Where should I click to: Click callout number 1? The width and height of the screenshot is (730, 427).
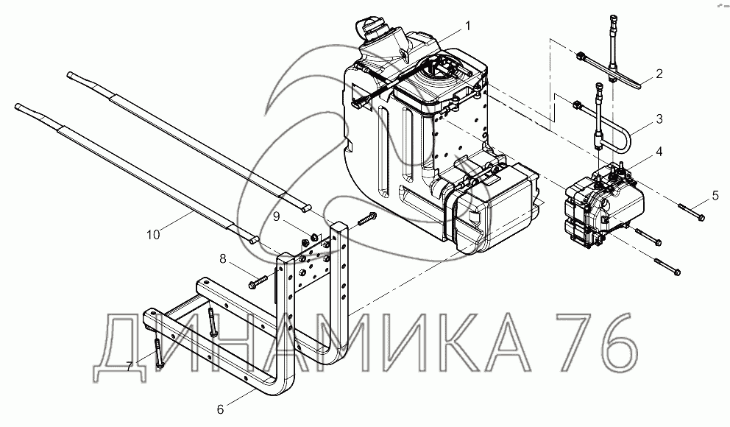pos(467,26)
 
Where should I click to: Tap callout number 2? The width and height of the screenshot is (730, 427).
pos(659,74)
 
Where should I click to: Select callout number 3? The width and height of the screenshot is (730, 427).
pos(659,119)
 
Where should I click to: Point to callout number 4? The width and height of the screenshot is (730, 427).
pos(659,152)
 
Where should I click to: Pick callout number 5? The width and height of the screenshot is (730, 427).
pos(715,196)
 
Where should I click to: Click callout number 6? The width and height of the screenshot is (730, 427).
pos(220,409)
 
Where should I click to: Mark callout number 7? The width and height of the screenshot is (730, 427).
pos(130,367)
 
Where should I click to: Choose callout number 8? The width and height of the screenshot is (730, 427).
pos(223,258)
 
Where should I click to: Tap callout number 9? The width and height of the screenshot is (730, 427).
pos(276,216)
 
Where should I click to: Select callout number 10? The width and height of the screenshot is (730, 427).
pos(153,235)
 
